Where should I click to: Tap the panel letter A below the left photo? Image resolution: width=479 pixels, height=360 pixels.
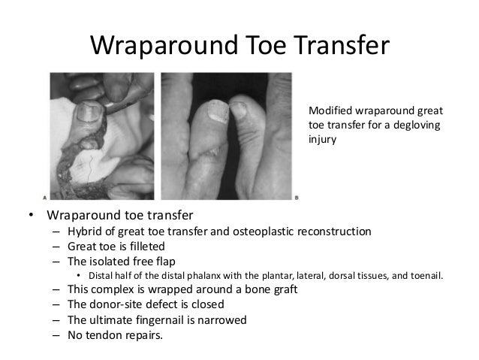[47, 198]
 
